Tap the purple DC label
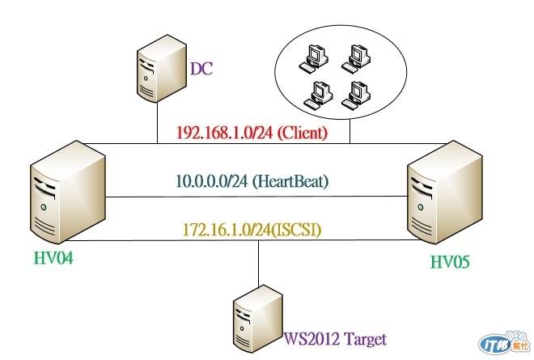pyautogui.click(x=201, y=69)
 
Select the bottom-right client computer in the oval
pyautogui.click(x=353, y=94)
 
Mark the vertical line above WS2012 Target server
pyautogui.click(x=258, y=260)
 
